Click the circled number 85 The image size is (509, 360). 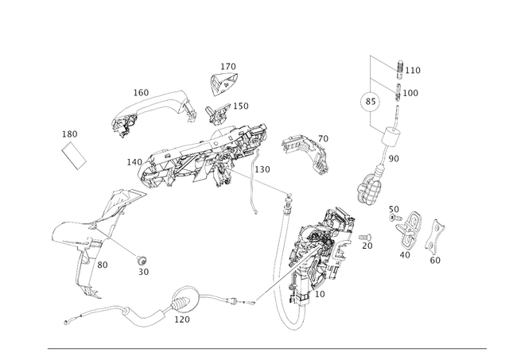pyautogui.click(x=371, y=102)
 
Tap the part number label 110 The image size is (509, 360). pyautogui.click(x=413, y=71)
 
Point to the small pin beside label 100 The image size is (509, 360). pyautogui.click(x=398, y=92)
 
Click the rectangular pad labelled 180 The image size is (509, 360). pyautogui.click(x=74, y=155)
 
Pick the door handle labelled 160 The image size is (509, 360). pyautogui.click(x=154, y=112)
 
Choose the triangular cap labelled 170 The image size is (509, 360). pyautogui.click(x=223, y=83)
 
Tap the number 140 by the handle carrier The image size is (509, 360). pyautogui.click(x=134, y=162)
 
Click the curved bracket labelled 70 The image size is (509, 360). pyautogui.click(x=305, y=153)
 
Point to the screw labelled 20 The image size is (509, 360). pyautogui.click(x=365, y=238)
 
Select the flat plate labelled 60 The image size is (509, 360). pyautogui.click(x=434, y=237)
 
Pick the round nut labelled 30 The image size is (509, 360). pyautogui.click(x=142, y=260)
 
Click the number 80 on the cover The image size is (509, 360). pyautogui.click(x=103, y=265)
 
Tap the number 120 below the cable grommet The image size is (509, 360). pyautogui.click(x=182, y=319)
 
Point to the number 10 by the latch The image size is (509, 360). pyautogui.click(x=320, y=294)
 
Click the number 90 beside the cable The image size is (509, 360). pyautogui.click(x=394, y=159)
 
